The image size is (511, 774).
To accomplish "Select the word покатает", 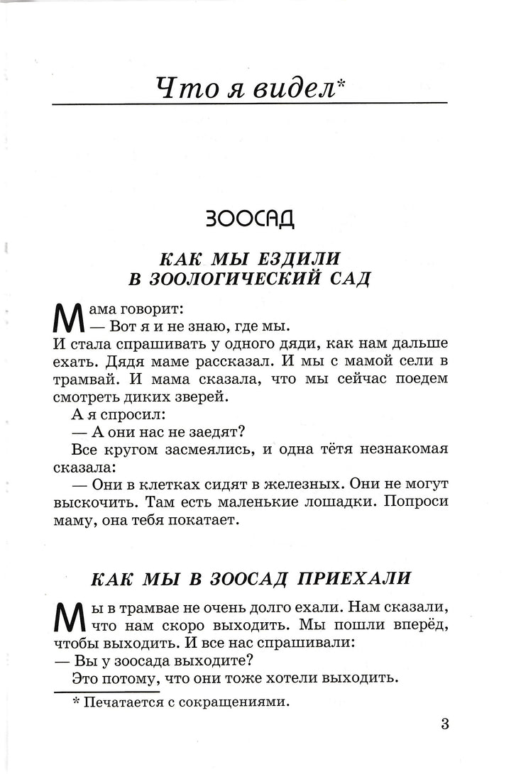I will pos(204,520).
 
